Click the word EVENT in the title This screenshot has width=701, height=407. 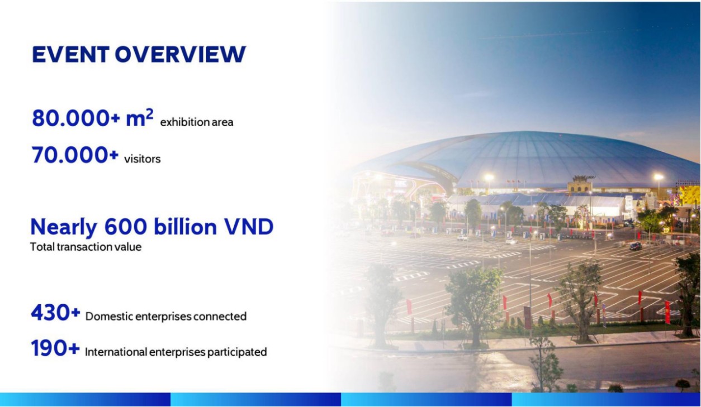[x=70, y=54]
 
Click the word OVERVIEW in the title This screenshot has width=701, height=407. [x=180, y=54]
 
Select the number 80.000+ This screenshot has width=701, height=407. [x=75, y=118]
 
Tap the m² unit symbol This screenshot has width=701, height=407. [x=140, y=118]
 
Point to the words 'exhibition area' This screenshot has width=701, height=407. [x=197, y=122]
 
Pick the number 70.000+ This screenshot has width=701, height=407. [x=75, y=155]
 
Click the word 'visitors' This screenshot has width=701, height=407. [x=143, y=159]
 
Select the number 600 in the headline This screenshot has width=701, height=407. [x=125, y=227]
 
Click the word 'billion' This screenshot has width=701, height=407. [x=185, y=226]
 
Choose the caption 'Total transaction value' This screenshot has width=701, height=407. [x=86, y=247]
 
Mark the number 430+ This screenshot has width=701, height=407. [x=55, y=312]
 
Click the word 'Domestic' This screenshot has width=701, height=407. [x=107, y=317]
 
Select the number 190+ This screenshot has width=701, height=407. [x=55, y=348]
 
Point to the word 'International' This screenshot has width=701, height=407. [x=116, y=352]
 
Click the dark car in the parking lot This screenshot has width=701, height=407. [x=636, y=246]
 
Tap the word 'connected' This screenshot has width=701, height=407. [x=220, y=317]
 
